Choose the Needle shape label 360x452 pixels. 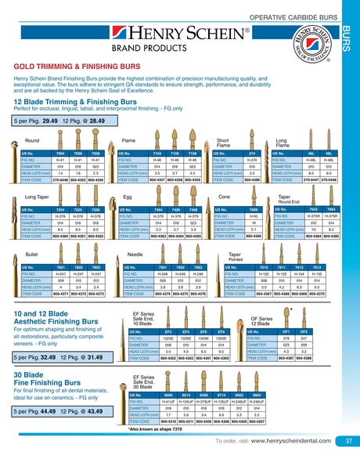coord(135,255)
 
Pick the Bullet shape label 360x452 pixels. coord(33,255)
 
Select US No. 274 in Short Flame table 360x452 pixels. coord(252,152)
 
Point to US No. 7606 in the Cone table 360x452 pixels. coord(252,210)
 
